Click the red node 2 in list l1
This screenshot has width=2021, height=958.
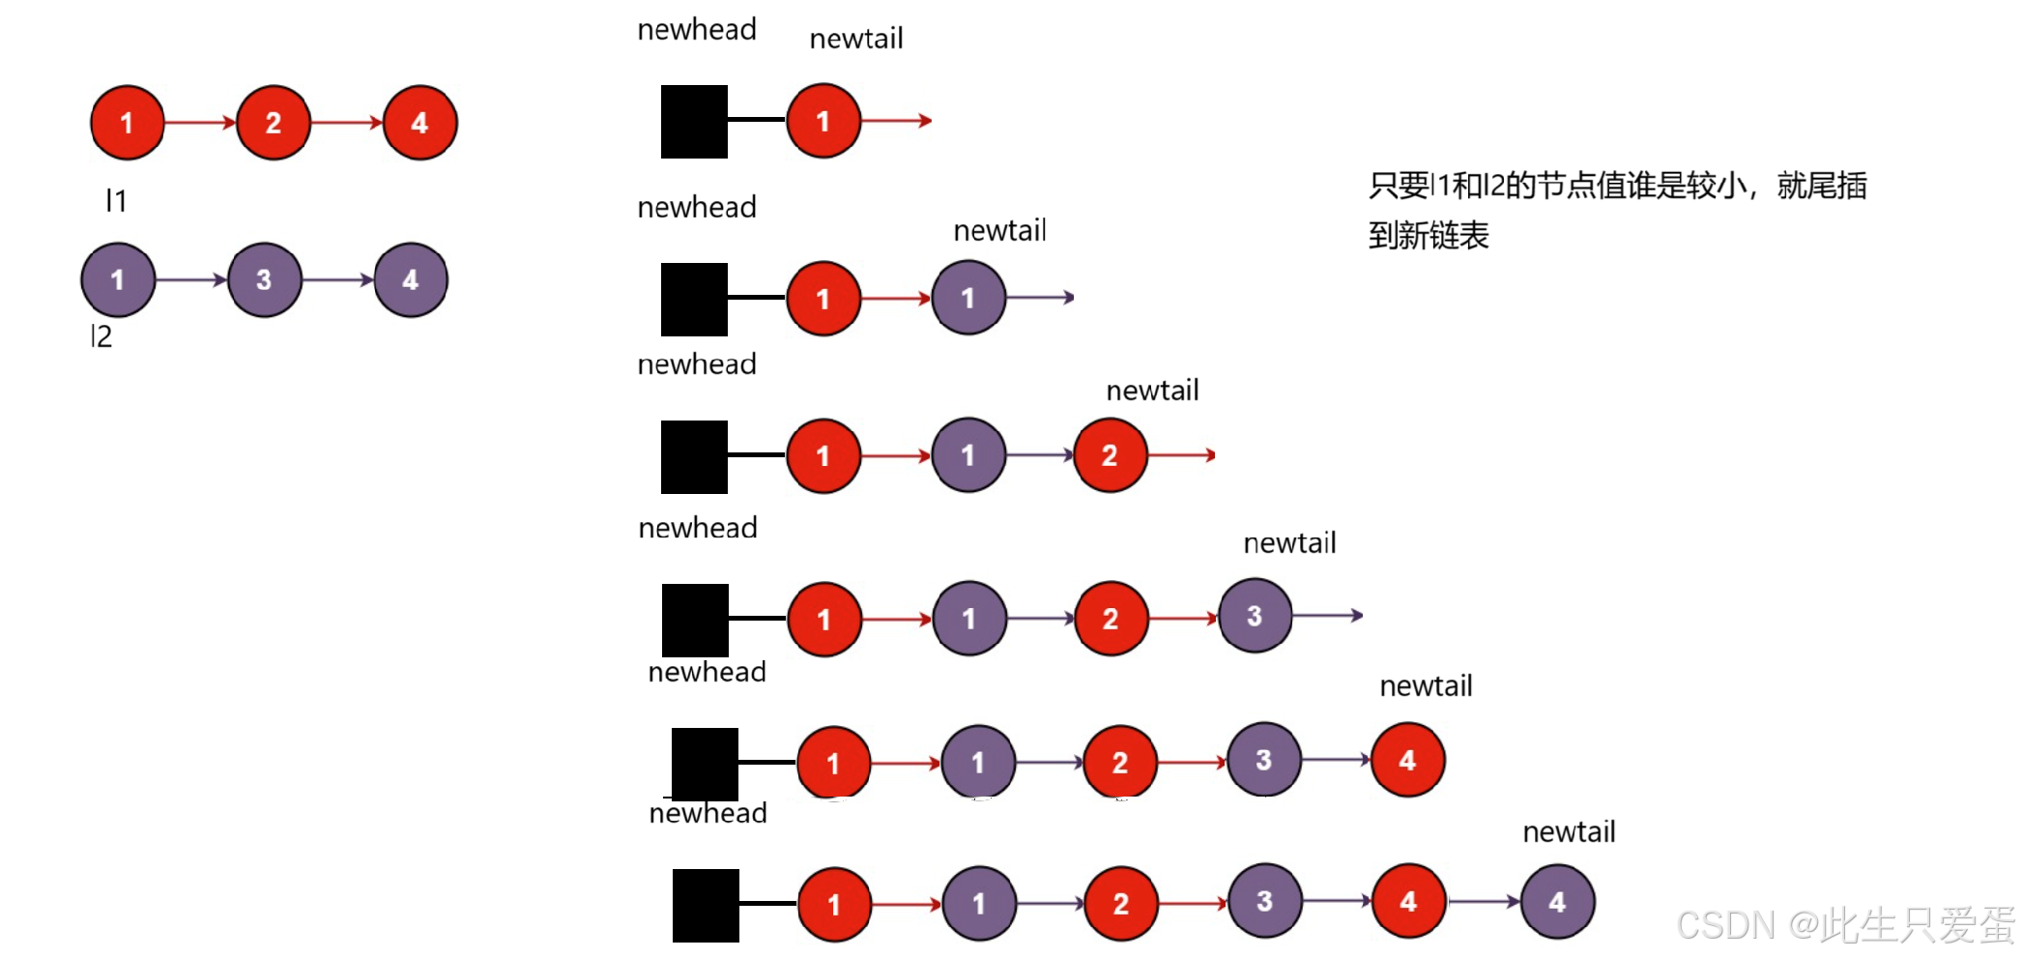tap(274, 123)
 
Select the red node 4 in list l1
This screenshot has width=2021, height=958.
tap(419, 123)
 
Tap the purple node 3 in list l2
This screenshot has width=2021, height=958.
tap(264, 280)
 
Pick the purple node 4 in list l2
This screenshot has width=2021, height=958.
tap(411, 280)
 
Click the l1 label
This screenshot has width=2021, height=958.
tap(116, 200)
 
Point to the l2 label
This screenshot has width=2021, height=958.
tap(101, 336)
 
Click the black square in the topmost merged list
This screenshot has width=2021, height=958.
tap(694, 122)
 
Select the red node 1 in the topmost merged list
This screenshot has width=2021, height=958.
tap(823, 122)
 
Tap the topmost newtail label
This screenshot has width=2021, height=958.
tap(856, 40)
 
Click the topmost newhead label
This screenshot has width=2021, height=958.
tap(697, 30)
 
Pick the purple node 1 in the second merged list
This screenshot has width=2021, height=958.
tap(968, 299)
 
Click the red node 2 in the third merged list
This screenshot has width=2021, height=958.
tap(1111, 455)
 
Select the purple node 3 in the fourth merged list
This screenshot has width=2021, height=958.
tap(1255, 616)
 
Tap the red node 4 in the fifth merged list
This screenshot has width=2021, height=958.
tap(1407, 761)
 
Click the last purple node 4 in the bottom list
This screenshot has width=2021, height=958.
tap(1557, 903)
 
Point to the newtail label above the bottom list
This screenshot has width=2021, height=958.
tap(1569, 832)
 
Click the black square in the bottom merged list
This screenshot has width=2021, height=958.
tap(706, 906)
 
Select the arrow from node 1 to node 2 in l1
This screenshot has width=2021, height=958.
tap(200, 123)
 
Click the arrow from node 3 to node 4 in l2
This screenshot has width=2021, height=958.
tap(337, 280)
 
